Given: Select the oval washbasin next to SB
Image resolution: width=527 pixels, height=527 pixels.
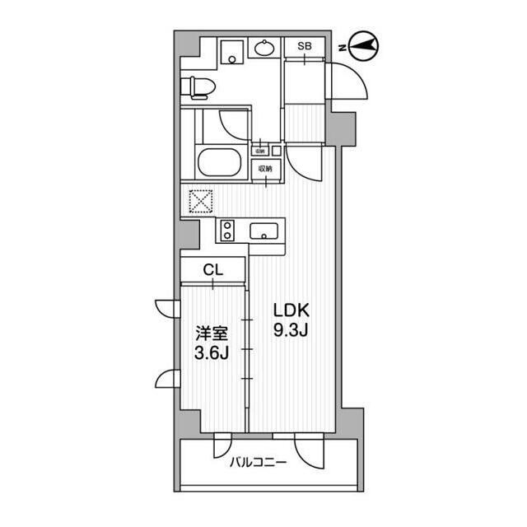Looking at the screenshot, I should click(x=265, y=48).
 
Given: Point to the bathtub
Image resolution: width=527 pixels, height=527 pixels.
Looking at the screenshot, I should click(x=219, y=161).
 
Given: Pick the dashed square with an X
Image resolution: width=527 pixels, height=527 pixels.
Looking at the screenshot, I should click(x=200, y=202).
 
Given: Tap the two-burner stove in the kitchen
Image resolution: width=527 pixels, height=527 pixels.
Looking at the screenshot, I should click(x=228, y=230).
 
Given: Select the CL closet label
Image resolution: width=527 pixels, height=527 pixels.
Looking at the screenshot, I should click(x=213, y=268).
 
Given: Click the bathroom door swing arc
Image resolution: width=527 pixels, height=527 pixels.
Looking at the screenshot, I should click(x=231, y=124).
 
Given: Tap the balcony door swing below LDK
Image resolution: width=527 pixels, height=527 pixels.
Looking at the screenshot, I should click(x=311, y=449).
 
